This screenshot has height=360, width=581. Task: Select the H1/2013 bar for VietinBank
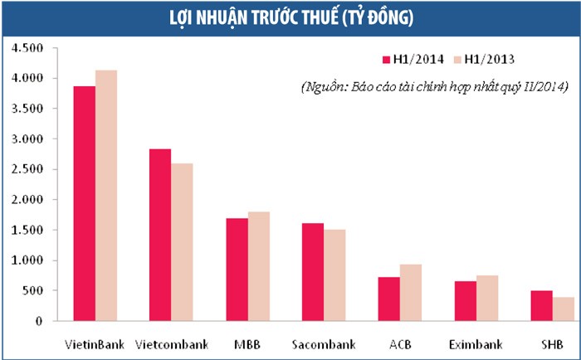pos(106,196)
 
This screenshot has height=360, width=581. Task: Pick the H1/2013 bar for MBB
pos(258,266)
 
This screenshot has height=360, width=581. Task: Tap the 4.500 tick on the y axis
pos(27,48)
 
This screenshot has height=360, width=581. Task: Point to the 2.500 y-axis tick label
pos(27,169)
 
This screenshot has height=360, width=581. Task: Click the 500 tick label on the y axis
pos(32,290)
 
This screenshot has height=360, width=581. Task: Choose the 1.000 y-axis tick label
pos(27,260)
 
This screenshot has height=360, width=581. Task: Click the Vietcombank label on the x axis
pos(171,343)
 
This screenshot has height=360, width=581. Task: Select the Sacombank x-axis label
pos(323,343)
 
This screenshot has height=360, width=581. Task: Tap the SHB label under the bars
pos(551,343)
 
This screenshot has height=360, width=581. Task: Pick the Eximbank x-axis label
pos(476,343)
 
